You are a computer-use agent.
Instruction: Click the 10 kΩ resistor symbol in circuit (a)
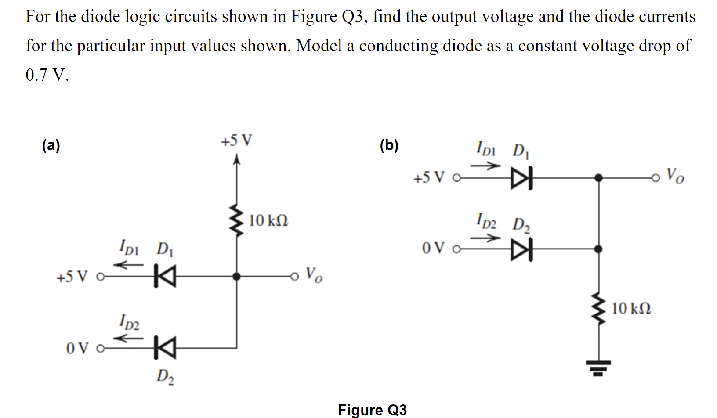click(237, 220)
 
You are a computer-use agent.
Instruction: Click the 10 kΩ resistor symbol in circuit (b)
click(598, 309)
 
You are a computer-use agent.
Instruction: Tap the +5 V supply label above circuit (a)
click(236, 141)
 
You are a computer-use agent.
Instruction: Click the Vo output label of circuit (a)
click(314, 275)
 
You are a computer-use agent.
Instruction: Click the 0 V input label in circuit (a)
click(77, 349)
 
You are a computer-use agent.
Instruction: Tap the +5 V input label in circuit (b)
click(429, 178)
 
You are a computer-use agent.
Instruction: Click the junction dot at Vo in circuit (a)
click(237, 276)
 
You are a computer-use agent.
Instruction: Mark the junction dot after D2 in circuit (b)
click(598, 249)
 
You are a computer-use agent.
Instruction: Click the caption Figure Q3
click(372, 410)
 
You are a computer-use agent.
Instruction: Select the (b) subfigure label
click(389, 145)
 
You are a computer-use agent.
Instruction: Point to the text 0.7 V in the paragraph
click(47, 75)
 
